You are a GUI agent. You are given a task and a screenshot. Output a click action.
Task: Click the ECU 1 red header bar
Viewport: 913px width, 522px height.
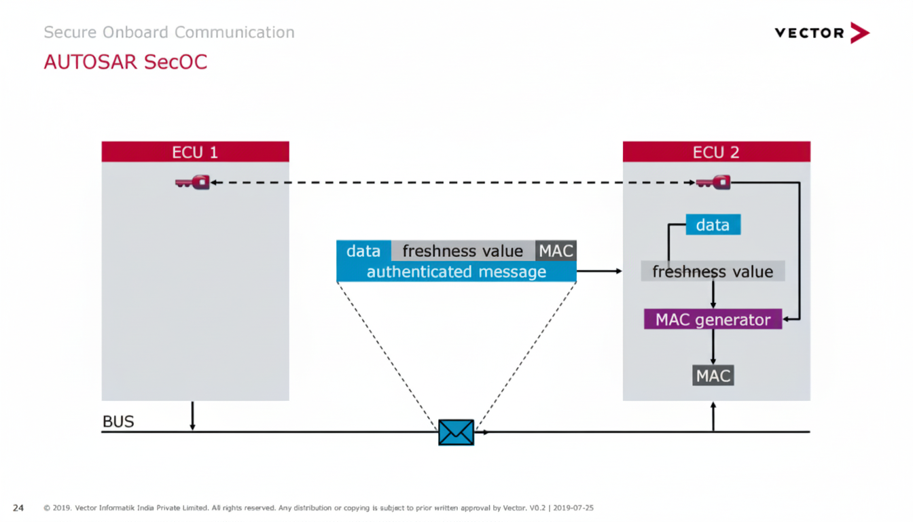tap(195, 152)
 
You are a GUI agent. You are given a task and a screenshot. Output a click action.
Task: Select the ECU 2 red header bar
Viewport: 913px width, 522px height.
tap(716, 152)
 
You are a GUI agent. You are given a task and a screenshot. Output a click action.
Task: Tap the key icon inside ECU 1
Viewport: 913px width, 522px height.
tap(193, 182)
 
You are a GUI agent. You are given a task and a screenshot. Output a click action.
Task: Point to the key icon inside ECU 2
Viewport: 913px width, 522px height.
tap(713, 182)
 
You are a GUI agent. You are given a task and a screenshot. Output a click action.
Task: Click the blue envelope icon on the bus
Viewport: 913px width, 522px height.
tap(456, 432)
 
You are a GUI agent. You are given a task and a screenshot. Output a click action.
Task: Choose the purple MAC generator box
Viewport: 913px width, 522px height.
tap(713, 319)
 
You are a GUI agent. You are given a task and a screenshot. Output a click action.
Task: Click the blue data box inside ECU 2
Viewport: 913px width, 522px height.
tap(713, 225)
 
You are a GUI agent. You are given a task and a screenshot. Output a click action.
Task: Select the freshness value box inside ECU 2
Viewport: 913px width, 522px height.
tap(713, 272)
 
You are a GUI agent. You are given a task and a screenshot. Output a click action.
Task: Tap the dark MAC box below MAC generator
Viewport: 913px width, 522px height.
tap(713, 375)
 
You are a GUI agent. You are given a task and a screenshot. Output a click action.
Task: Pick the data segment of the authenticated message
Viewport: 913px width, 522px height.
tap(363, 251)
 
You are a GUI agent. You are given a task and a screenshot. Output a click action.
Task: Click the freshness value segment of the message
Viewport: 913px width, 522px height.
tap(463, 251)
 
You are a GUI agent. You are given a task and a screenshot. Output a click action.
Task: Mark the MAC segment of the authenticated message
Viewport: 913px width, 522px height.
tap(556, 251)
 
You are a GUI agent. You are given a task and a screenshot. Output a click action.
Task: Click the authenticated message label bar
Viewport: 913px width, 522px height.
tap(456, 272)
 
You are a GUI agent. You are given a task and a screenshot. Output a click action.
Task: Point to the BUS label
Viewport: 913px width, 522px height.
tap(118, 422)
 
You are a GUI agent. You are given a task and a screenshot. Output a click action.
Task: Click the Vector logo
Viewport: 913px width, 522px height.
tap(821, 33)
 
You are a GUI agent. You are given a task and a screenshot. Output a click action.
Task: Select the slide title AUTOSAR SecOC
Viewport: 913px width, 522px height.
tap(125, 62)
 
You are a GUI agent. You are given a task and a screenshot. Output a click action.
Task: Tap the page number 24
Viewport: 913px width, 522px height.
tap(18, 508)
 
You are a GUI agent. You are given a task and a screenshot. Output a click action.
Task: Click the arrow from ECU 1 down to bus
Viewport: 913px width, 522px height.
tap(192, 416)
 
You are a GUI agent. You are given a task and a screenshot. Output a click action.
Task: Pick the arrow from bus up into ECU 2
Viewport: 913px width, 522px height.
tap(713, 416)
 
